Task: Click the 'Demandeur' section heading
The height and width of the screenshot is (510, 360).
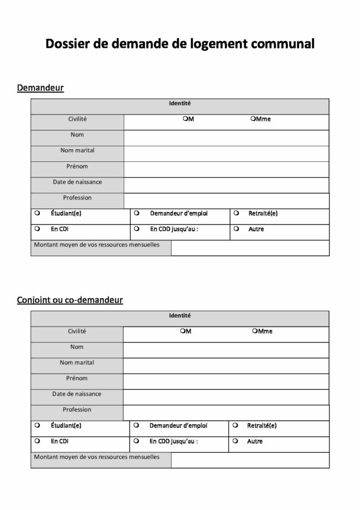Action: pos(40,88)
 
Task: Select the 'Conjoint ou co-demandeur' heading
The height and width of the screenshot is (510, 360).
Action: pos(70,300)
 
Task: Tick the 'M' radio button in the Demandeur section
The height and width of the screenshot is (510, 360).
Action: pos(185,119)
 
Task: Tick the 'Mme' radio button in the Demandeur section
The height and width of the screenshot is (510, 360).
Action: pos(253,119)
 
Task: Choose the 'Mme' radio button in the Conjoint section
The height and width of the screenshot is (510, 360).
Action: pos(254,331)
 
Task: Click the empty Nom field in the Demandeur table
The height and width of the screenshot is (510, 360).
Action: pos(226,138)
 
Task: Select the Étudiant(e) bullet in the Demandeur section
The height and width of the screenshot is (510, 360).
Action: pos(37,213)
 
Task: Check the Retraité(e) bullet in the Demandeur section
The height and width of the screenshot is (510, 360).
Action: pos(236,213)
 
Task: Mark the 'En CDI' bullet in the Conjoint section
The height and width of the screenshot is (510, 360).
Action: pos(37,442)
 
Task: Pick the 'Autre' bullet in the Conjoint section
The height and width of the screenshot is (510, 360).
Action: pos(236,442)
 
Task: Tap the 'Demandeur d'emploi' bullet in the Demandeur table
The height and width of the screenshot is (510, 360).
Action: pos(136,213)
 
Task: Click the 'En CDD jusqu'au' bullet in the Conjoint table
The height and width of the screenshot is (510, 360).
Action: pos(136,442)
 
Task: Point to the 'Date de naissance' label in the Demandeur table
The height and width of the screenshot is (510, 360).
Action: pos(77,182)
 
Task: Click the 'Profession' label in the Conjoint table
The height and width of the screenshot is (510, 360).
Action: pos(77,410)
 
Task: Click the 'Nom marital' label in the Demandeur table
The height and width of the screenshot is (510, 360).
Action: pos(77,150)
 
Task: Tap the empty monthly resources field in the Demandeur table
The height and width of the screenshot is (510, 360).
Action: pos(250,248)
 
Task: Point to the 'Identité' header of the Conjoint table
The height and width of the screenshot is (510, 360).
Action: pos(179,315)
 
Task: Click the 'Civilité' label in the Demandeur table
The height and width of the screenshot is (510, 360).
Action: pos(77,119)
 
